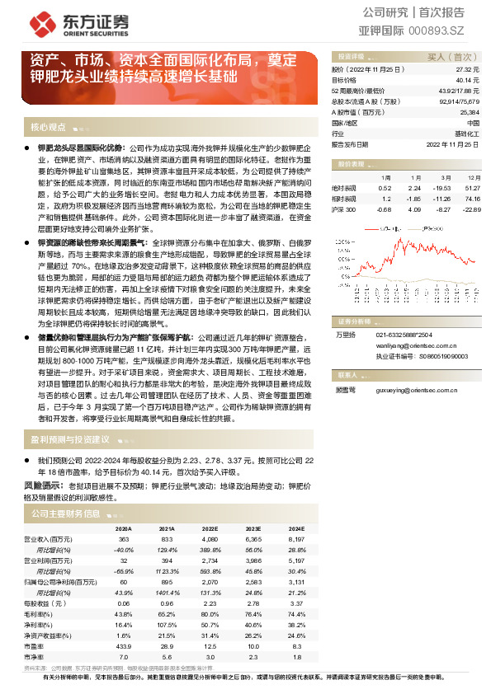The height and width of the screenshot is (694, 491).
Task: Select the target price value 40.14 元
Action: [466, 80]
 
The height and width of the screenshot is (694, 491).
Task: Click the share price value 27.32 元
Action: [466, 69]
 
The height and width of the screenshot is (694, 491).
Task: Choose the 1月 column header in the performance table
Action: [385, 177]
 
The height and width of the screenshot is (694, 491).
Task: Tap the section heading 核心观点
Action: [48, 128]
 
